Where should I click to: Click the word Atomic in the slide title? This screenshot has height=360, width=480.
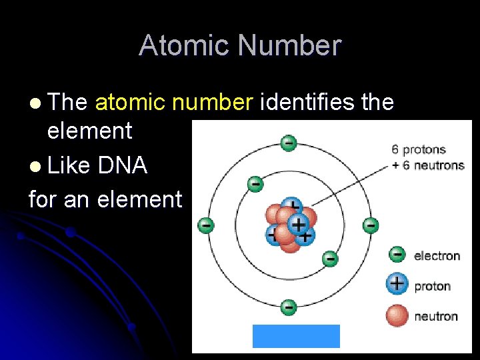point(185,46)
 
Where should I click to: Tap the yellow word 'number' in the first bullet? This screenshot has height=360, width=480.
point(216,103)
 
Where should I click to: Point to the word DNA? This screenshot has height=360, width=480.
point(122,165)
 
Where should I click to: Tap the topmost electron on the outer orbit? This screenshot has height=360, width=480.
point(288,143)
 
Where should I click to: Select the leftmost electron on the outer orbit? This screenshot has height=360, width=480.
point(206,225)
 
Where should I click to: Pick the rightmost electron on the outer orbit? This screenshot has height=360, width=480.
point(371,225)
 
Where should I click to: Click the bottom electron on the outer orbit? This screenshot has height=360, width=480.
point(288,307)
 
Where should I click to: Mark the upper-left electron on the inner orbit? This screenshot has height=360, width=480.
point(254,183)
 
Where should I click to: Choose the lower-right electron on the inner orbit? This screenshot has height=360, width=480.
point(329,258)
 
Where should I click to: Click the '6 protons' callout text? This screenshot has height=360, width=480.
point(419,150)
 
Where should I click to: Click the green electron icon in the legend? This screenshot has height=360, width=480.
point(397,254)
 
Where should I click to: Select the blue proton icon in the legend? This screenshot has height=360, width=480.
point(397,284)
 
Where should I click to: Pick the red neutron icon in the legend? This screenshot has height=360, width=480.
point(397,315)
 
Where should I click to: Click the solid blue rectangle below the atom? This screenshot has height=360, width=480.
point(296,336)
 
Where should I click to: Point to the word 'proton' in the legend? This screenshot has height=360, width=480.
point(433,286)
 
